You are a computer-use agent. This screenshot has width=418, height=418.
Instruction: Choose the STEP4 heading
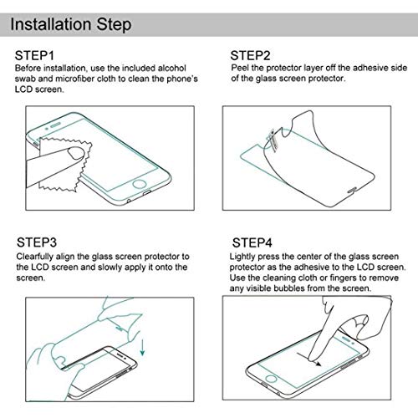251,242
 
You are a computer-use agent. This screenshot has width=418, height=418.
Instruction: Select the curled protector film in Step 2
318,150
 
